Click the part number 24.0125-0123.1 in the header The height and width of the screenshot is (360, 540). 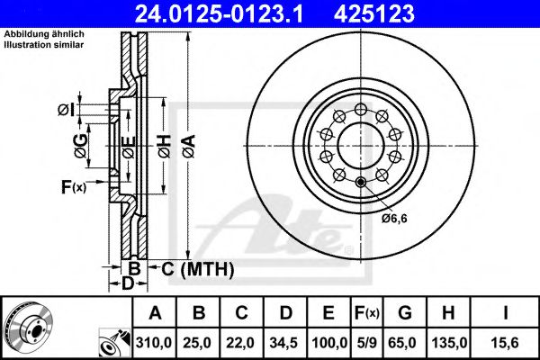click(x=219, y=13)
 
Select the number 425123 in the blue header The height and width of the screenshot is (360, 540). click(x=374, y=13)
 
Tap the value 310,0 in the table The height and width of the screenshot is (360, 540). click(x=154, y=343)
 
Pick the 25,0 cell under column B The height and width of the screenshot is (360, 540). click(x=198, y=343)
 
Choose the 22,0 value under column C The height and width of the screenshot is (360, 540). click(x=240, y=343)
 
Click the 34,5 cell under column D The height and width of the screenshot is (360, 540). click(x=283, y=343)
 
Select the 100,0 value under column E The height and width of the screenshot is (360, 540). click(x=329, y=343)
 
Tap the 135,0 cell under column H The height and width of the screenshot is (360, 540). click(x=449, y=343)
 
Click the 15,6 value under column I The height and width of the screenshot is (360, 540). click(x=504, y=343)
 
